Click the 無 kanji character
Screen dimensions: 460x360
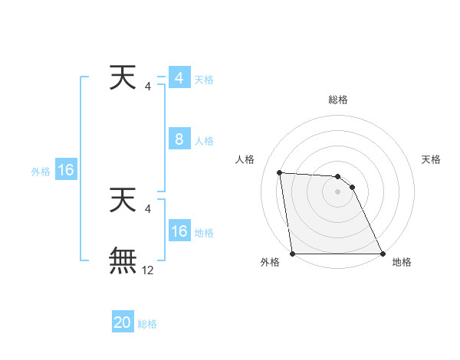pos(123,260)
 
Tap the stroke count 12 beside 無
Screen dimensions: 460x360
pos(148,270)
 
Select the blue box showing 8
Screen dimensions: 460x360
pos(179,139)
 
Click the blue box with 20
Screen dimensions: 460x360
pos(123,322)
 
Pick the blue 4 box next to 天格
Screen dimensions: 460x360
pos(179,78)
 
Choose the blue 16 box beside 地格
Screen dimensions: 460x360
pos(179,231)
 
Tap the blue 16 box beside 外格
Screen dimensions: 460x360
pos(65,170)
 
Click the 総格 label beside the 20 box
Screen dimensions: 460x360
pos(147,324)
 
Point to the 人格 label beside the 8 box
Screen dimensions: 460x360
pos(204,141)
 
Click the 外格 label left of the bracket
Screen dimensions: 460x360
pos(41,172)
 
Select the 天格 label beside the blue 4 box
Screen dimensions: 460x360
pos(204,80)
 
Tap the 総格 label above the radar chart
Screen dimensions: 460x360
pos(338,100)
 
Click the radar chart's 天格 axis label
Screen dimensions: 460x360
pos(432,159)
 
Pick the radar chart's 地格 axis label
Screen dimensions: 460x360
pos(402,262)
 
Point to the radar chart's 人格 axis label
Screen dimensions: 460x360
pos(245,159)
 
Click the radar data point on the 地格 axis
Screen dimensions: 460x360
pos(383,254)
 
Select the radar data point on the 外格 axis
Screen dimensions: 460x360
pos(293,254)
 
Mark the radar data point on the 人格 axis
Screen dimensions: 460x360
pos(280,172)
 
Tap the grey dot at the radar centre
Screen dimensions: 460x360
pos(338,191)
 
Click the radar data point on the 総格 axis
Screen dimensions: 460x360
pos(338,176)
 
